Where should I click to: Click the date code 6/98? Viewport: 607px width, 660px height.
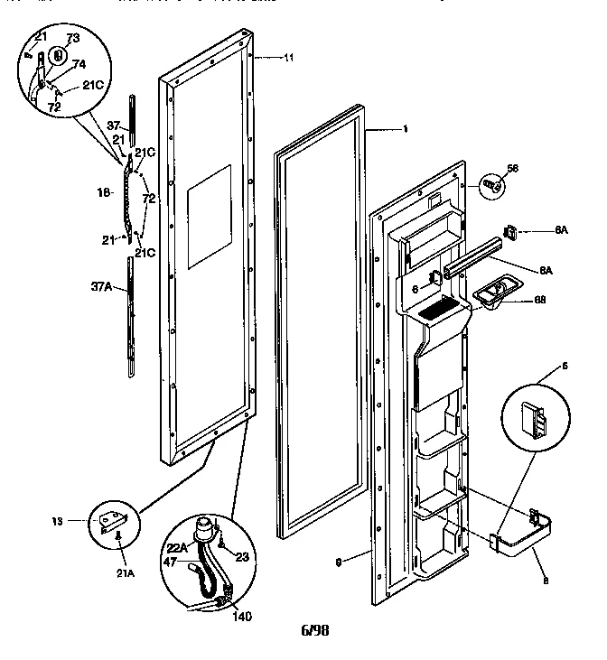point(314,631)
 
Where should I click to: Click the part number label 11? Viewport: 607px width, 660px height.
point(288,58)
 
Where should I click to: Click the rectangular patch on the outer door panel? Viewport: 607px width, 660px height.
point(208,217)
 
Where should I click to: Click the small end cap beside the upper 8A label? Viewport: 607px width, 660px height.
point(513,232)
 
